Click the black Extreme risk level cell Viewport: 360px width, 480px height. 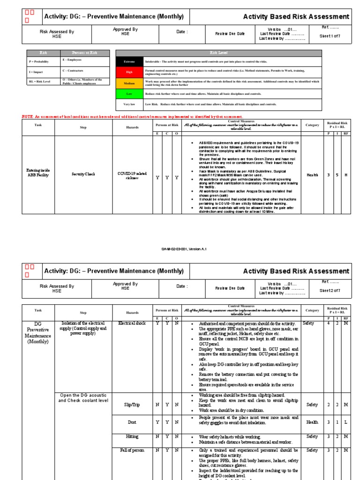[129, 61]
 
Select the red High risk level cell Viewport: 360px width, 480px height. [129, 72]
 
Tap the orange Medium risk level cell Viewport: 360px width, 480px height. [129, 83]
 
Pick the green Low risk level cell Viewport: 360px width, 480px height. [129, 94]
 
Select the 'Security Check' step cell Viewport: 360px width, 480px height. [83, 174]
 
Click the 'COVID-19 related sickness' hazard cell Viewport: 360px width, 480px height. [132, 175]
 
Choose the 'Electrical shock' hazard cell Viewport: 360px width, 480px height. [132, 323]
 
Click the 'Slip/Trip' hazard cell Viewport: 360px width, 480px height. [132, 405]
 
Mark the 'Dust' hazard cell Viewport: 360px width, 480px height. [132, 422]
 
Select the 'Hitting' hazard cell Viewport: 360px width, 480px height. [132, 437]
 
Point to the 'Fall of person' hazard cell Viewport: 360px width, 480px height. [132, 450]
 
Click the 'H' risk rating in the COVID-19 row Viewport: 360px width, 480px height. [345, 175]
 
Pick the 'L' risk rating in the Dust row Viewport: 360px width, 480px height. [345, 422]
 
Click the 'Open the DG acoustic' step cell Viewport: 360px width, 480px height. [83, 397]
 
